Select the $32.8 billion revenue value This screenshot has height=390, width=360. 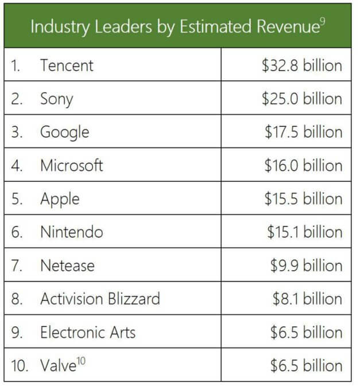click(x=301, y=65)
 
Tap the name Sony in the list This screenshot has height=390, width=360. click(x=56, y=99)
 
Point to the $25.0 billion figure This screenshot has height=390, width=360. click(x=301, y=99)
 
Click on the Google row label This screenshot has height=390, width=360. click(x=64, y=132)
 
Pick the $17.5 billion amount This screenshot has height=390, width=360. click(x=303, y=132)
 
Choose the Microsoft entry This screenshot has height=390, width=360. click(x=71, y=166)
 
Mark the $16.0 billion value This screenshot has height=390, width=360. click(x=303, y=166)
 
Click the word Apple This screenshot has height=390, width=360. click(x=60, y=200)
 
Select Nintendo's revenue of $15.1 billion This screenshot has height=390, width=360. click(x=304, y=232)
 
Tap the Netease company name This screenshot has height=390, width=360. click(x=67, y=266)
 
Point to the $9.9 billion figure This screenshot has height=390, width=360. click(x=307, y=266)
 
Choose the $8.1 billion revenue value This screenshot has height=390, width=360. click(x=307, y=299)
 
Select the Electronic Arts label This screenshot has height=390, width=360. click(x=87, y=332)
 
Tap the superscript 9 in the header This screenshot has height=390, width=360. click(x=323, y=22)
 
